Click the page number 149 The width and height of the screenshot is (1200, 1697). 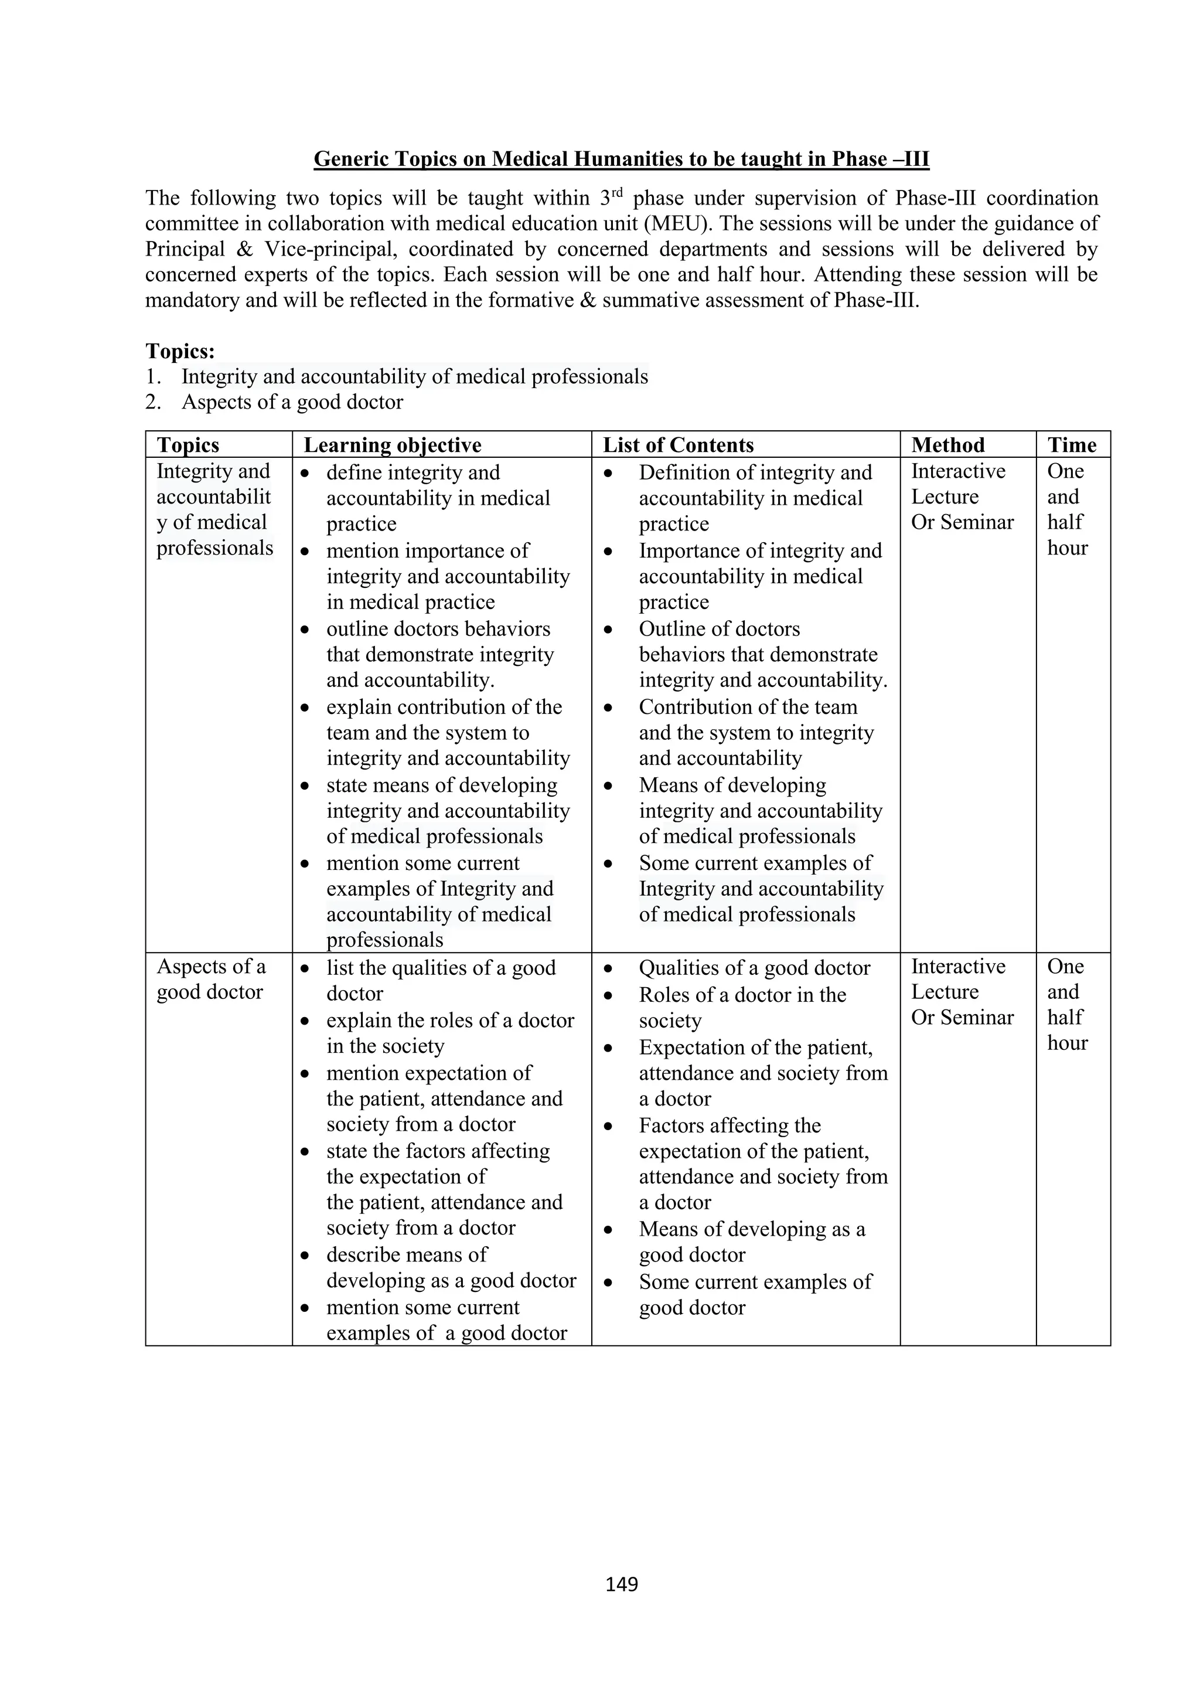click(x=621, y=1584)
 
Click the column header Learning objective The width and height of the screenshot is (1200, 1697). click(x=393, y=445)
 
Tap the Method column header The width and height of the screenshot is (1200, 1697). click(x=947, y=445)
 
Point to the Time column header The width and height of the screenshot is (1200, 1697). click(x=1072, y=445)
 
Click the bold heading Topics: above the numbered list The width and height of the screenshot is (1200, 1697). click(x=179, y=351)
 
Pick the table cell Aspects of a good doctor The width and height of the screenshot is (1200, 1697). click(x=210, y=980)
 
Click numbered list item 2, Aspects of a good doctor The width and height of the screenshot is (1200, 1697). click(x=292, y=402)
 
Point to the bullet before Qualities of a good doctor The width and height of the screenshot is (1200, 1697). click(x=608, y=969)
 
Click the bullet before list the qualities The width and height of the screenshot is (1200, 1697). click(x=305, y=969)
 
